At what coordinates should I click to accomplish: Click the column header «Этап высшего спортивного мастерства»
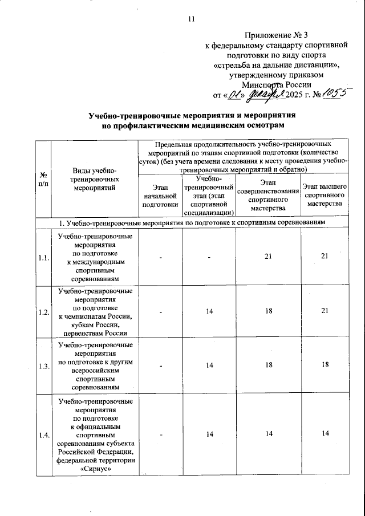(324, 195)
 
